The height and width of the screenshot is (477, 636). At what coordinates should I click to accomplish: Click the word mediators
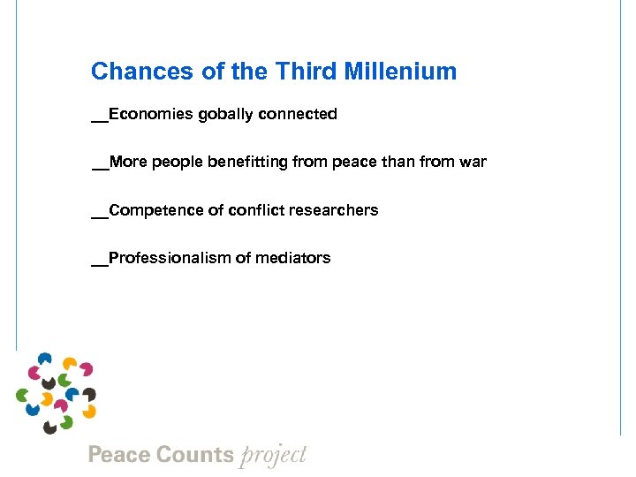click(x=294, y=258)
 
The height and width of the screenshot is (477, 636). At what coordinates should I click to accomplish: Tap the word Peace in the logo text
click(x=119, y=456)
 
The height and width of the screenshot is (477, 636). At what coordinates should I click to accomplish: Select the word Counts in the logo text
click(x=194, y=456)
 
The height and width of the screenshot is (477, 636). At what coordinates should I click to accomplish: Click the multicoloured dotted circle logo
click(x=56, y=392)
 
